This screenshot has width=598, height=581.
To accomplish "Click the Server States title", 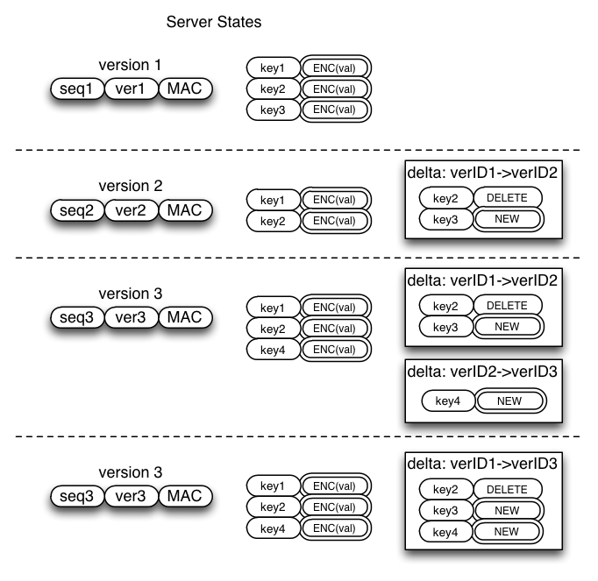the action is pyautogui.click(x=214, y=22).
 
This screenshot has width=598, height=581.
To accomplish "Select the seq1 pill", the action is pyautogui.click(x=77, y=89).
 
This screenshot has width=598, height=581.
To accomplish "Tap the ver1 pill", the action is pyautogui.click(x=131, y=89).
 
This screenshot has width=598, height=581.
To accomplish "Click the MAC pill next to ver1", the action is pyautogui.click(x=185, y=89).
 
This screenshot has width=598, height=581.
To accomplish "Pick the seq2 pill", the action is pyautogui.click(x=77, y=210).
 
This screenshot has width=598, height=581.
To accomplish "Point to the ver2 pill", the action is pyautogui.click(x=131, y=210).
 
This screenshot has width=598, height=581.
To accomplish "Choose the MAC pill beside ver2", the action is pyautogui.click(x=185, y=210).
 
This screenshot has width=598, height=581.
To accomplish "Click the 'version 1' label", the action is pyautogui.click(x=130, y=65).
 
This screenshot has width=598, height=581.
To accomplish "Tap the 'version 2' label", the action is pyautogui.click(x=131, y=186).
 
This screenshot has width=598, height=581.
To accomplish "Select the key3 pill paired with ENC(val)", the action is pyautogui.click(x=273, y=110).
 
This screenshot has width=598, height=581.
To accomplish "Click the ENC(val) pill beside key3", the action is pyautogui.click(x=335, y=110).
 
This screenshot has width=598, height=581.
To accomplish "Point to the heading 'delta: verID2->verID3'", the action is pyautogui.click(x=482, y=372).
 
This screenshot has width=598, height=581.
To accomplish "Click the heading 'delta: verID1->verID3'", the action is pyautogui.click(x=482, y=464).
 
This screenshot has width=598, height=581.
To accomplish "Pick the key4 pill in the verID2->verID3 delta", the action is pyautogui.click(x=448, y=400).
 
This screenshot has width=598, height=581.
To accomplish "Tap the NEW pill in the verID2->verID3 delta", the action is pyautogui.click(x=510, y=400).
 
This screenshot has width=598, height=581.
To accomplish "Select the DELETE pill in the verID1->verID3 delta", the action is pyautogui.click(x=508, y=489).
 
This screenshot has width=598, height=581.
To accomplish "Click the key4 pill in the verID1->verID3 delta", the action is pyautogui.click(x=445, y=532).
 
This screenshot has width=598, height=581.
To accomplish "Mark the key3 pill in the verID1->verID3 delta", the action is pyautogui.click(x=445, y=511).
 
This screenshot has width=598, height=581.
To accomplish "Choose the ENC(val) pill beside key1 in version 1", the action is pyautogui.click(x=335, y=67).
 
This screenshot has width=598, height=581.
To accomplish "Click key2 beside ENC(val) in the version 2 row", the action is pyautogui.click(x=273, y=221).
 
